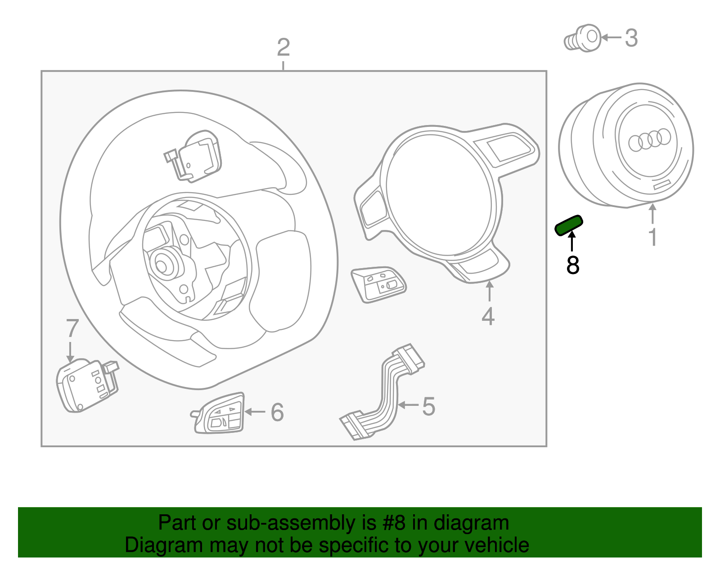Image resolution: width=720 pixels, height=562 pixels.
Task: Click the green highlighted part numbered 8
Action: (569, 225)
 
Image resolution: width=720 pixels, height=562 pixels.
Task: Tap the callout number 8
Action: (572, 265)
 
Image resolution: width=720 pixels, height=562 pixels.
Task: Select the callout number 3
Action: (631, 38)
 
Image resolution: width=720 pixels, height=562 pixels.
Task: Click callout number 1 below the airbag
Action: (652, 237)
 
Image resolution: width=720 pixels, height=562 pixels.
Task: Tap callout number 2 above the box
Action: (283, 48)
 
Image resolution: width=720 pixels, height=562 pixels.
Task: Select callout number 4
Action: (488, 316)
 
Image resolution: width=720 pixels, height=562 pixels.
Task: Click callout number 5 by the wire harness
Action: (428, 406)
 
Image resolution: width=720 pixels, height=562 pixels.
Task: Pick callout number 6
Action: (277, 413)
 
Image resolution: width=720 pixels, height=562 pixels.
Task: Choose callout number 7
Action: (72, 329)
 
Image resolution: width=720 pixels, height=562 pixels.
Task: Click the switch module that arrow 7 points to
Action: (85, 385)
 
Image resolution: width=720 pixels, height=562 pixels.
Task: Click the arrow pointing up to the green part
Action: (572, 241)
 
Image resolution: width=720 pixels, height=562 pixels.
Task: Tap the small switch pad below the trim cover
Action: (378, 284)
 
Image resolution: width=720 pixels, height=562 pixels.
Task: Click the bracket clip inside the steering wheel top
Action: (193, 156)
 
